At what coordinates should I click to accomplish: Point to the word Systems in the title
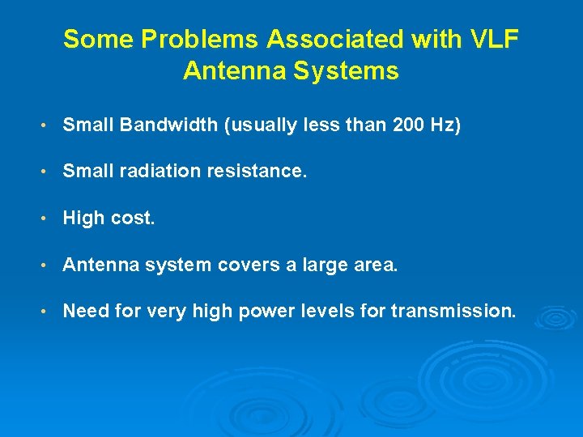tap(350, 71)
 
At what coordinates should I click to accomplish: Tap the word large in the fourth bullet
tap(321, 265)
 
